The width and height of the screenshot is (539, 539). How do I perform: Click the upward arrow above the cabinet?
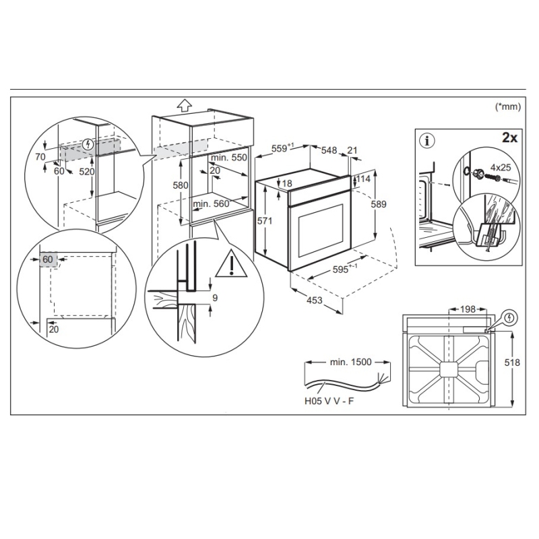click(x=182, y=104)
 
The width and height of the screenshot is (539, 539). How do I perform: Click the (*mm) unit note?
click(x=509, y=106)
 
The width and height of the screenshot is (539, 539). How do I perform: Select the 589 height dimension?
click(x=382, y=204)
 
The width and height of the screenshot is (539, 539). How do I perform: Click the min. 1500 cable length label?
click(x=351, y=362)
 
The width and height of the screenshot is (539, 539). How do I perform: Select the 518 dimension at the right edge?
click(x=522, y=362)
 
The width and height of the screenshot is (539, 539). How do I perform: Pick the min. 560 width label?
click(x=212, y=203)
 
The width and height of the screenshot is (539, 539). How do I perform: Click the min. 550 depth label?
click(x=229, y=157)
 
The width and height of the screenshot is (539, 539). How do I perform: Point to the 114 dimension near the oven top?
click(x=364, y=180)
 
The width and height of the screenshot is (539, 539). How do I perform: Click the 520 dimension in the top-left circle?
click(x=87, y=172)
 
